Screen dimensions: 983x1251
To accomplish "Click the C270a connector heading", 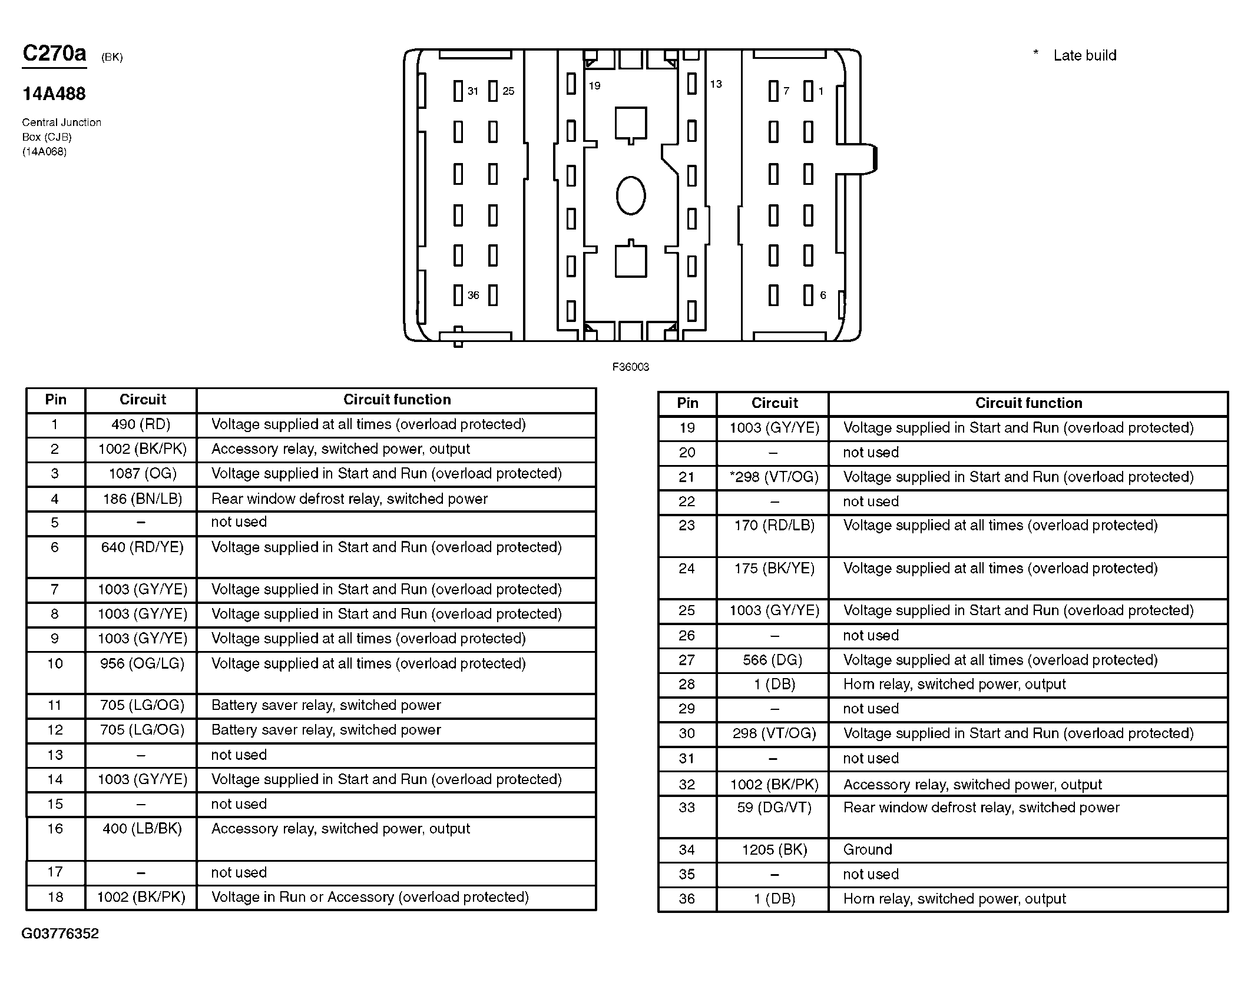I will coord(54,54).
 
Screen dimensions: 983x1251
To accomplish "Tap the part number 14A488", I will coord(54,94).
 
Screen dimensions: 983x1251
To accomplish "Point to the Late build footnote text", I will coord(1084,55).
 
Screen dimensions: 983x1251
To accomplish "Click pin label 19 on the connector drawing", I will coord(594,86).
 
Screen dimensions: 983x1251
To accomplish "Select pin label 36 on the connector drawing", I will coord(473,295).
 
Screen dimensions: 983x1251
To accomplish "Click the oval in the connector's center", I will coord(630,195).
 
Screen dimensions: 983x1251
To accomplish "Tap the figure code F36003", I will coord(630,367).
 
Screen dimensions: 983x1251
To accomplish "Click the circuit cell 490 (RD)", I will coord(141,424).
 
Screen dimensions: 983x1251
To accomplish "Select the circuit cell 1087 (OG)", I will coord(142,474).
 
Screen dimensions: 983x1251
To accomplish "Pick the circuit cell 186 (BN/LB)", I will coord(142,499).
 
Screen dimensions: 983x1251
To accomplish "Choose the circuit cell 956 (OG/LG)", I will coord(142,663).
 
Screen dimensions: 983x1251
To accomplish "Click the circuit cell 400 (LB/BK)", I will coord(142,829).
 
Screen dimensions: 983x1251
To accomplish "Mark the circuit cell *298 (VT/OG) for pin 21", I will coord(774,477).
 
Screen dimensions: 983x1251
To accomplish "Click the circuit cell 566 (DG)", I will coord(773,660).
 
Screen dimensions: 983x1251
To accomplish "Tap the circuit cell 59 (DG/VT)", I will coord(774,808).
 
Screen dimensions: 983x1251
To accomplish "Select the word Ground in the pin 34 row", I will coord(868,849).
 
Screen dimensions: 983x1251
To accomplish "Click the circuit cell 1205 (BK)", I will coord(774,849).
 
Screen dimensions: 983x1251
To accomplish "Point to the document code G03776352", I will coord(60,934).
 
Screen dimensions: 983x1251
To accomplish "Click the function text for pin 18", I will coord(370,897).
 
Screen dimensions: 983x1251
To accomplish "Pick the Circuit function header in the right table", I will coord(1028,403).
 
